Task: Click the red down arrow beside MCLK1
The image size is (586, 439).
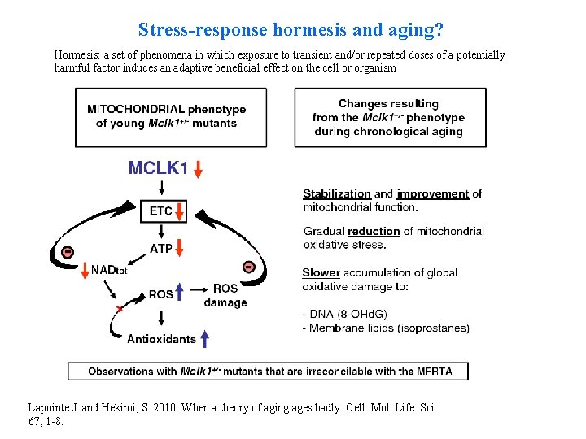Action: pos(199,170)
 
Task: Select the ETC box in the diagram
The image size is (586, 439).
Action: pos(161,211)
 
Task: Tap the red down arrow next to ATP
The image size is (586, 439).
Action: pos(181,248)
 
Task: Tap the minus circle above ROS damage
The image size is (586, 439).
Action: pos(249,267)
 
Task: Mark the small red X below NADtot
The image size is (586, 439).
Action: pos(120,309)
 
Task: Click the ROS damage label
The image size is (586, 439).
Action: pos(225,295)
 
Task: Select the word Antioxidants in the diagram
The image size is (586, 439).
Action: pos(161,339)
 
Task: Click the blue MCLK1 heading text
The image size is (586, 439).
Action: pos(158,169)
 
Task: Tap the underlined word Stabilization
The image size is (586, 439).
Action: pos(336,193)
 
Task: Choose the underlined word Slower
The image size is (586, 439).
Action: pos(321,272)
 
